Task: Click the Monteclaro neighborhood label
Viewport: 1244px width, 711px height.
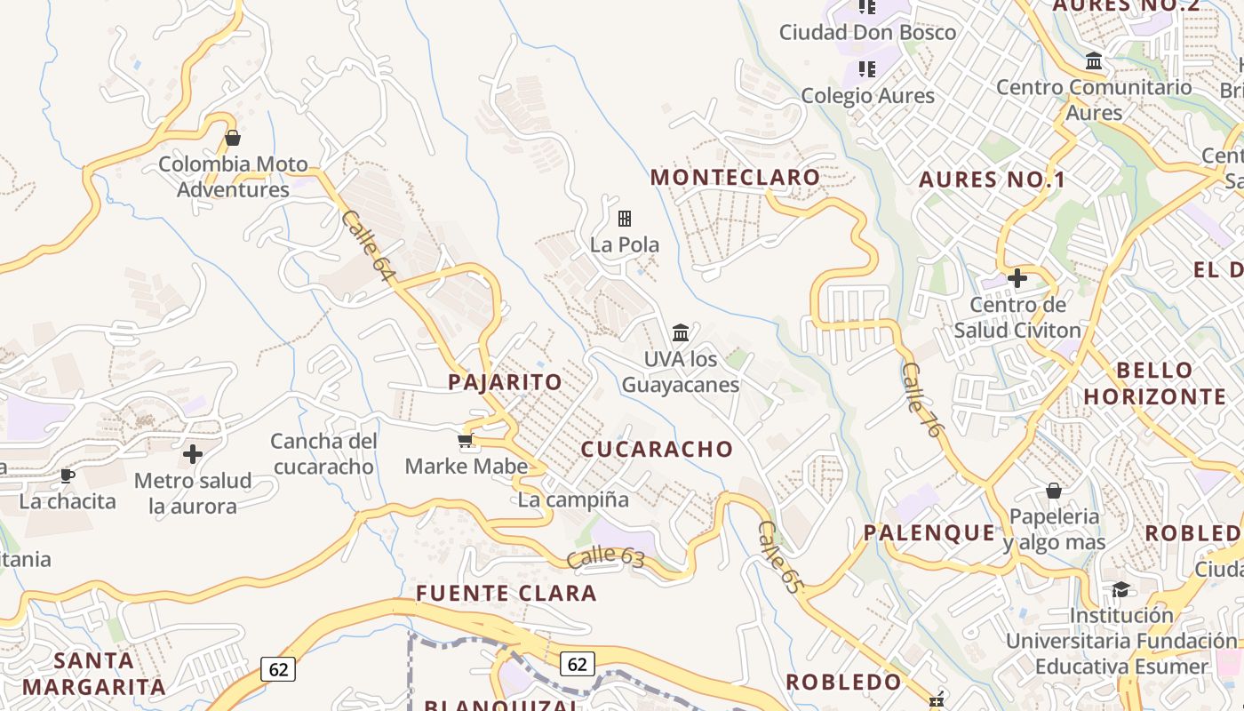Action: pyautogui.click(x=735, y=177)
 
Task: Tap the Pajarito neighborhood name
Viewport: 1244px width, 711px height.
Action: pyautogui.click(x=505, y=382)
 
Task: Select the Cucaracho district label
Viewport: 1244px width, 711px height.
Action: pyautogui.click(x=657, y=449)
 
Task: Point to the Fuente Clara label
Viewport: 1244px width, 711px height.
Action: pyautogui.click(x=506, y=593)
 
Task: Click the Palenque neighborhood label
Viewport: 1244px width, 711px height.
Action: pyautogui.click(x=929, y=532)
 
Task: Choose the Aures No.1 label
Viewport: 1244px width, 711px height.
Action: pyautogui.click(x=992, y=180)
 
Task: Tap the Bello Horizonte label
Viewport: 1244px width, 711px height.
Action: pyautogui.click(x=1154, y=383)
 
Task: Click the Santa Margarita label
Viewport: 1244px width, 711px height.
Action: pyautogui.click(x=93, y=673)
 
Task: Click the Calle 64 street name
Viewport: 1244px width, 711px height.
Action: pyautogui.click(x=366, y=247)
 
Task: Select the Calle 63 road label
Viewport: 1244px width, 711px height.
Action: pyautogui.click(x=604, y=557)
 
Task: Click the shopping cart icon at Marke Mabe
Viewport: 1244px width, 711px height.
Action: pyautogui.click(x=465, y=441)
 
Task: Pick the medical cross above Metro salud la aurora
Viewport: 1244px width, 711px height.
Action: pyautogui.click(x=192, y=454)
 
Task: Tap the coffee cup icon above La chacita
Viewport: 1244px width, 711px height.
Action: pyautogui.click(x=67, y=475)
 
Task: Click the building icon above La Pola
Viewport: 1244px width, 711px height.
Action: pyautogui.click(x=625, y=218)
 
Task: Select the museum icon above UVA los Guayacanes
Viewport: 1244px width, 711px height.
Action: pyautogui.click(x=681, y=332)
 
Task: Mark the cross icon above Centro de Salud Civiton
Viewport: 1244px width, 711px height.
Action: pyautogui.click(x=1017, y=278)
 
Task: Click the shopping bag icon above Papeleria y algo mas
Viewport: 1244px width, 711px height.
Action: pyautogui.click(x=1053, y=491)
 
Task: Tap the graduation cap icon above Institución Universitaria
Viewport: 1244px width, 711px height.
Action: pyautogui.click(x=1120, y=589)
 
